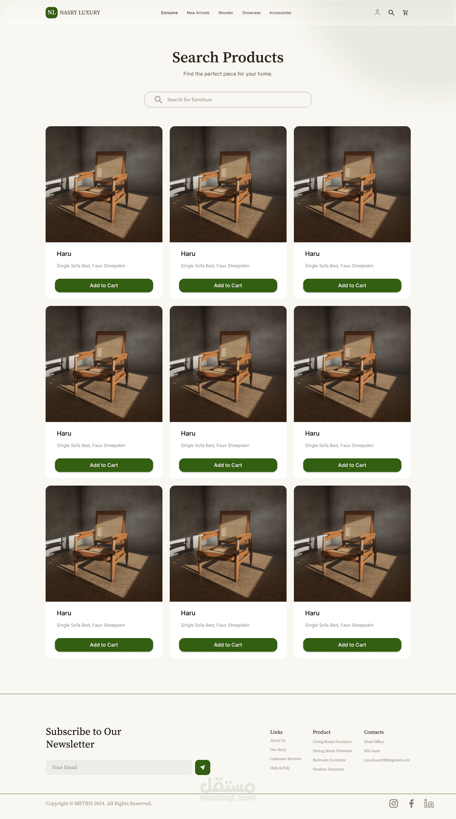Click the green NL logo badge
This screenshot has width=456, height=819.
click(x=52, y=13)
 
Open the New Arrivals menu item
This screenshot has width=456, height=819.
click(x=198, y=13)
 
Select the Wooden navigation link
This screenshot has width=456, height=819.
click(x=225, y=13)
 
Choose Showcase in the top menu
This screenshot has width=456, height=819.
click(x=251, y=13)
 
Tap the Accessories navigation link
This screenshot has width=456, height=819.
click(x=280, y=13)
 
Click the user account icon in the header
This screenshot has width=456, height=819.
click(x=377, y=12)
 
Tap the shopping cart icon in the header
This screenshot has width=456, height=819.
click(x=405, y=13)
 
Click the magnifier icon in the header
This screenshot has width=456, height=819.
click(x=391, y=13)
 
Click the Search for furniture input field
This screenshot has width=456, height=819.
click(x=228, y=100)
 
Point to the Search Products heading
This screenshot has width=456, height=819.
click(x=228, y=57)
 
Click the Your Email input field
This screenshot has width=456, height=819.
click(x=119, y=767)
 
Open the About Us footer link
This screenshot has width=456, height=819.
click(x=278, y=741)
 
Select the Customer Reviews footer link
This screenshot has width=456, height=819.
click(x=285, y=759)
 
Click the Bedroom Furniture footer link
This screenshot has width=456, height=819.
click(x=329, y=760)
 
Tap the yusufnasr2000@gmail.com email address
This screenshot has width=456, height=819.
click(x=387, y=760)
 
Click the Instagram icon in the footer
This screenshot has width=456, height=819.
click(x=394, y=803)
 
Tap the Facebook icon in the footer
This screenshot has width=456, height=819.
click(x=411, y=803)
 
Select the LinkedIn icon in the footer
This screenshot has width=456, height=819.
click(x=429, y=803)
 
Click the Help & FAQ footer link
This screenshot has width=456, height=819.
click(x=280, y=768)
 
